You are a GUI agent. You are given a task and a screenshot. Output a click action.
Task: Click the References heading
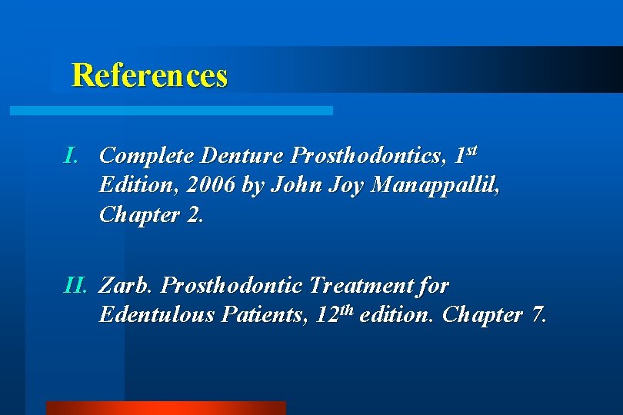click(x=149, y=75)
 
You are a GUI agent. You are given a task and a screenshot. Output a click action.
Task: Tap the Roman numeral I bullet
click(x=72, y=156)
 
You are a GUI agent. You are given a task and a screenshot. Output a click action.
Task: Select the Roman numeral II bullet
click(x=75, y=286)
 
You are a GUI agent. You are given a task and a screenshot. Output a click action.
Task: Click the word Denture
click(x=242, y=156)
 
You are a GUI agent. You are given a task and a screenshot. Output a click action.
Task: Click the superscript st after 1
click(x=471, y=148)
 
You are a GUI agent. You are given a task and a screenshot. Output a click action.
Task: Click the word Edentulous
click(x=159, y=315)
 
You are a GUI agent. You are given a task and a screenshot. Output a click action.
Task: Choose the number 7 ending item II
click(x=538, y=315)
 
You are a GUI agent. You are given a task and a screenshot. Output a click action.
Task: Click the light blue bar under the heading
click(x=171, y=111)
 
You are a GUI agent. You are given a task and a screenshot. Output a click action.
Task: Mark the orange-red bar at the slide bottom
click(x=165, y=408)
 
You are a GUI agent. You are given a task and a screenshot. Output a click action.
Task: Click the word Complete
click(x=147, y=156)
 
